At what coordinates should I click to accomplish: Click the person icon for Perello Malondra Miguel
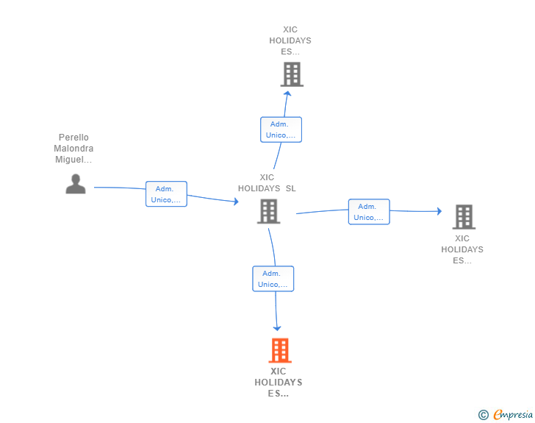click(76, 184)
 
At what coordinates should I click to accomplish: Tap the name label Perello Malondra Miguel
click(73, 149)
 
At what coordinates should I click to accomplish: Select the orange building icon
click(279, 350)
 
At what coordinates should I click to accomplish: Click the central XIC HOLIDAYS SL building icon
click(268, 211)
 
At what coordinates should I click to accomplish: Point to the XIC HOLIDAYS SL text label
click(267, 182)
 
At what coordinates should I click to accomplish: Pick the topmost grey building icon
click(292, 74)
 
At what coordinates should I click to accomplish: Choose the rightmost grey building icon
click(463, 217)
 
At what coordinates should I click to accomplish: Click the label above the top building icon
click(290, 41)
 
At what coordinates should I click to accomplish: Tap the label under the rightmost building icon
click(462, 249)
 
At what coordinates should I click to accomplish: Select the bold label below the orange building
click(279, 383)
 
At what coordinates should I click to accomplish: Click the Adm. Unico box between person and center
click(166, 194)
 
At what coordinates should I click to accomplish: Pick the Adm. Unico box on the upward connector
click(281, 129)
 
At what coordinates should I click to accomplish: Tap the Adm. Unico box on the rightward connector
click(369, 212)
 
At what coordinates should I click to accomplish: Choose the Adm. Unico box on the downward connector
click(273, 279)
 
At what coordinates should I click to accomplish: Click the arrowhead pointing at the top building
click(288, 93)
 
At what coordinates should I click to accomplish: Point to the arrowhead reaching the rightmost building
click(439, 211)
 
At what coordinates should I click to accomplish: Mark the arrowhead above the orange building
click(277, 327)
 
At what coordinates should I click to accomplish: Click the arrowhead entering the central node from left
click(235, 201)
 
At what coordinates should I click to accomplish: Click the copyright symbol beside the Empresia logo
click(483, 415)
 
